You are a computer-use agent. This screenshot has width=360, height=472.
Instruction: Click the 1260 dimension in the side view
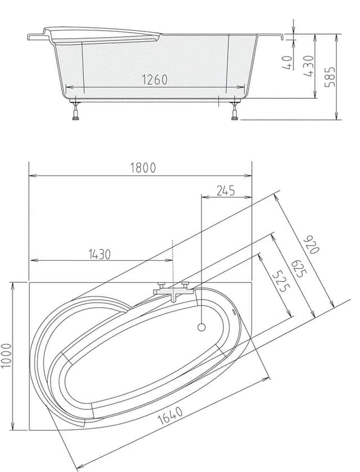(155, 80)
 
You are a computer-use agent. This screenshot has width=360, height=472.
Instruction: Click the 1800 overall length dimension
(143, 168)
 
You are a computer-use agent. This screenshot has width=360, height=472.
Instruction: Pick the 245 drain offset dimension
(226, 190)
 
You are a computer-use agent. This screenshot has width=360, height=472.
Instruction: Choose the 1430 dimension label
(100, 255)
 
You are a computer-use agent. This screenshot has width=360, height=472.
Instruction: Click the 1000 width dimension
(7, 356)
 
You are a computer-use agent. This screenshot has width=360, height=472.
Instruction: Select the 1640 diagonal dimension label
(170, 415)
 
